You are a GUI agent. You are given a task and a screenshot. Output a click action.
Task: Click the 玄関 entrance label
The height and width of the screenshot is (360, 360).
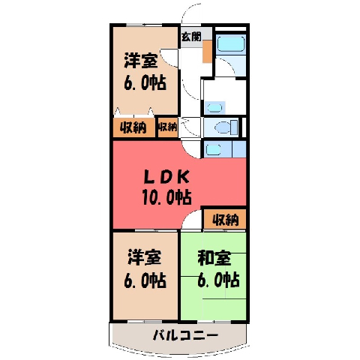point(191,37)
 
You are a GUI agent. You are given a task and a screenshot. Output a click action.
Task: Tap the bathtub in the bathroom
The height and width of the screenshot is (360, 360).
point(230,43)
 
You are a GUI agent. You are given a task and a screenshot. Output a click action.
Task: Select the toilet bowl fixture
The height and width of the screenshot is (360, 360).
point(226,127)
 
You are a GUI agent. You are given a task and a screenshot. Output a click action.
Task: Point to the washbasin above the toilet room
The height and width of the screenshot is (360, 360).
point(214,108)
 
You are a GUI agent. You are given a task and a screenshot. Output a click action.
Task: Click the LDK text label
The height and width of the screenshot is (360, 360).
point(166,177)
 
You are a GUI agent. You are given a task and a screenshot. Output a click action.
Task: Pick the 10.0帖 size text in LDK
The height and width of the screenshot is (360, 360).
point(166,197)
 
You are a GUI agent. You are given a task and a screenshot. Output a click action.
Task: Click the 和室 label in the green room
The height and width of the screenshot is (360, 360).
point(214,258)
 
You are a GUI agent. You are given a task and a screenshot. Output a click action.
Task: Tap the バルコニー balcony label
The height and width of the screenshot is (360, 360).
point(185,335)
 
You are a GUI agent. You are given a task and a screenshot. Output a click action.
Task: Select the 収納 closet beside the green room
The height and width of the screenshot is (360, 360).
point(225,219)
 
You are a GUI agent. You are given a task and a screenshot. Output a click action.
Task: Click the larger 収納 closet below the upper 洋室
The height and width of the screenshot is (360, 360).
point(133,127)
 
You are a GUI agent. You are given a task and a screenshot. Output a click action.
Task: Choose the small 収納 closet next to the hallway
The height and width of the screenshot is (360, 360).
point(168,127)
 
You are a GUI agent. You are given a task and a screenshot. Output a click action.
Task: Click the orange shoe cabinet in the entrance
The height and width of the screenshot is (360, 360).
point(207,52)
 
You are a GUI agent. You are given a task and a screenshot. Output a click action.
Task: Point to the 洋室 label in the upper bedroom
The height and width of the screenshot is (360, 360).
point(141,61)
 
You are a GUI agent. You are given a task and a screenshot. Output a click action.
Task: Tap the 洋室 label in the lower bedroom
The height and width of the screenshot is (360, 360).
point(145,257)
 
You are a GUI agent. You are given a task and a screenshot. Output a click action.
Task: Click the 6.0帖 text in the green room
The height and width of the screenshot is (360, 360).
point(218,280)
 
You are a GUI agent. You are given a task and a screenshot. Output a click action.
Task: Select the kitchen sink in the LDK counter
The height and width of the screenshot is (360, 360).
point(213,149)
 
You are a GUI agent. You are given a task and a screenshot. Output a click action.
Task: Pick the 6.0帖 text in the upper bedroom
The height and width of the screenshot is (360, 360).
point(145,82)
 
